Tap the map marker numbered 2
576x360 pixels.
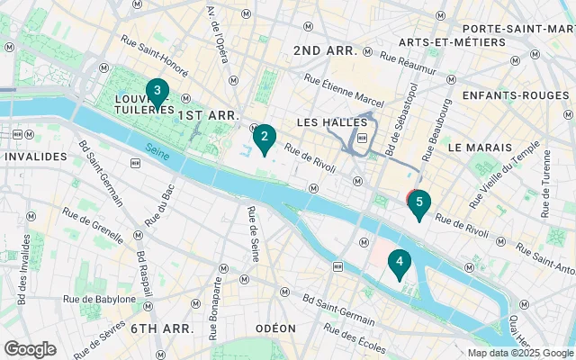tap(264, 139)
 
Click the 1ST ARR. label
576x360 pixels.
tap(208, 116)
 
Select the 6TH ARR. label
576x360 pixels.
tap(162, 328)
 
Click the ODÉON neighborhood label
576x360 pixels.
tap(276, 328)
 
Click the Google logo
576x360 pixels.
tap(31, 348)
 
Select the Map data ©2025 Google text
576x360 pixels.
tap(519, 353)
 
